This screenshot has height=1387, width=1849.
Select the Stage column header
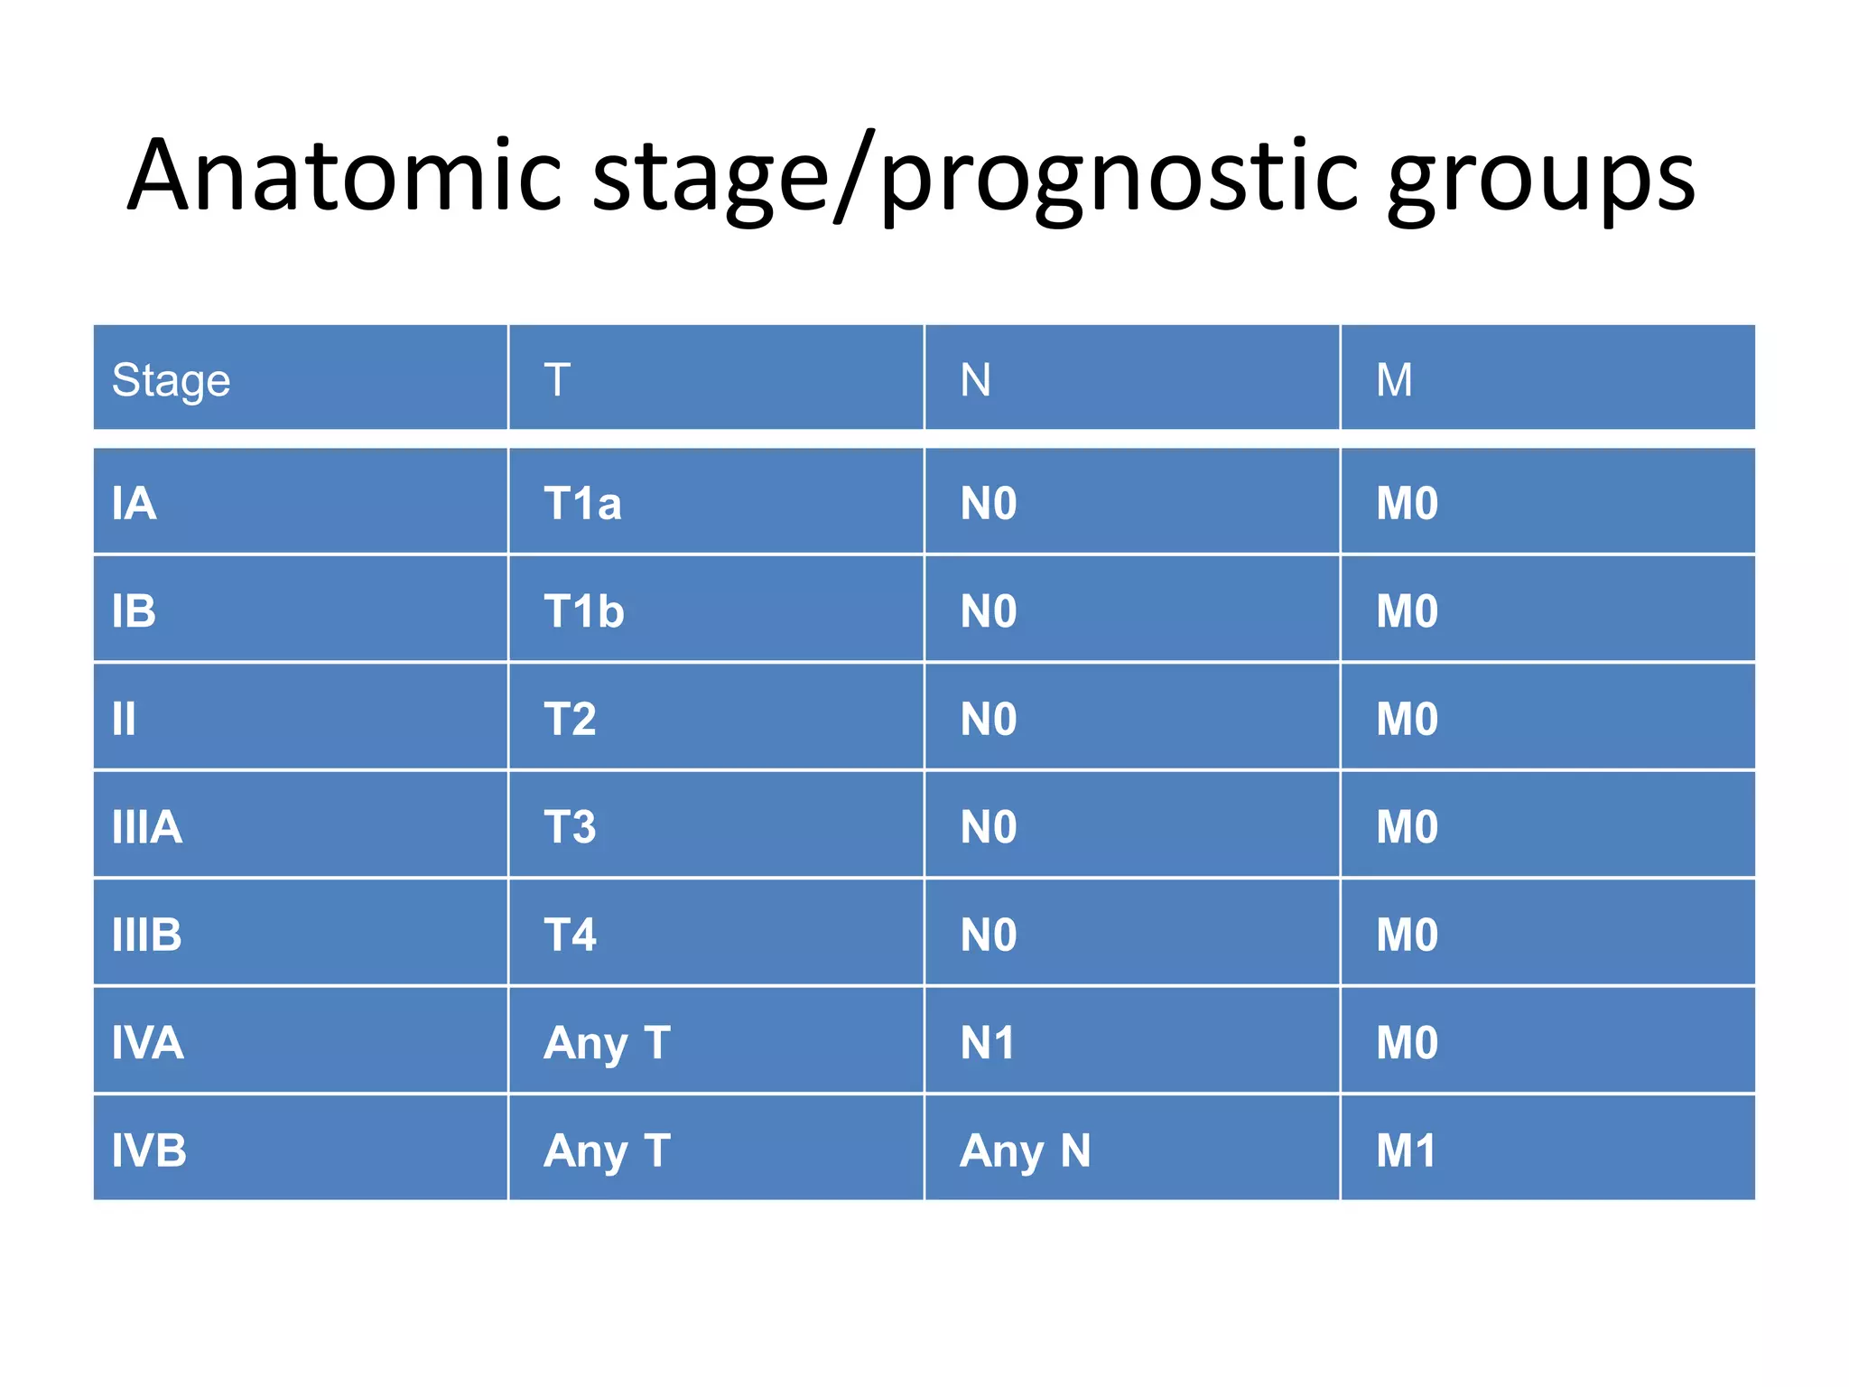pos(171,380)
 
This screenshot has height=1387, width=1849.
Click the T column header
pos(557,380)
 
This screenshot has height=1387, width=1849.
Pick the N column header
pos(975,380)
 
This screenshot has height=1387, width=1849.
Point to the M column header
pos(1394,380)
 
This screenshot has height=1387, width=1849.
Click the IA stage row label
pos(134,504)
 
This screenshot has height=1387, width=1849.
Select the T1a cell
pos(582,504)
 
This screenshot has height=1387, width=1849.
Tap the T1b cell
pos(583,611)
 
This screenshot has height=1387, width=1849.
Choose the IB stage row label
pos(134,611)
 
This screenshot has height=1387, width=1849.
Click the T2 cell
pos(570,720)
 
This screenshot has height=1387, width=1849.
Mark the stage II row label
pos(124,720)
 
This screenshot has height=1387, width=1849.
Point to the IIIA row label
pos(146,827)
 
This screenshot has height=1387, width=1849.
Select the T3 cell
pos(570,827)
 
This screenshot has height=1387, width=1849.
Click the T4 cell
pos(570,935)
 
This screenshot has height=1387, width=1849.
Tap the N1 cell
pos(987,1043)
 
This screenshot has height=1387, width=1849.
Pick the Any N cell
pos(1025,1151)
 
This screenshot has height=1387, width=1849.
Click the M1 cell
pos(1406,1151)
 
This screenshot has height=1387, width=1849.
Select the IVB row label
pos(149,1151)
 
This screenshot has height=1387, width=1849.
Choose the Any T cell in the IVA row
pos(607,1043)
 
